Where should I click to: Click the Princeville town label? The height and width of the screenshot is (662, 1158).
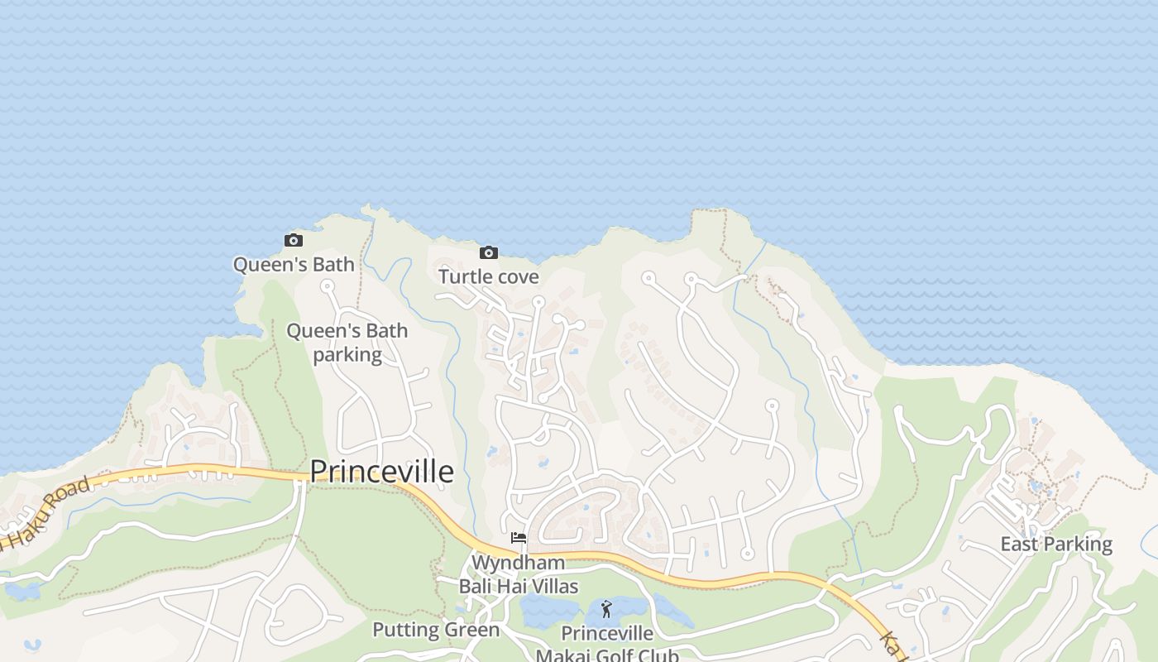(x=381, y=472)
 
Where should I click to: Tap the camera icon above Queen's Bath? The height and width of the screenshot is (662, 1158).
(x=294, y=241)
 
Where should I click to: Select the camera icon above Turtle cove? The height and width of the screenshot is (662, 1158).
(x=489, y=252)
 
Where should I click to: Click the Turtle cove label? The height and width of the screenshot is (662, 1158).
(x=488, y=276)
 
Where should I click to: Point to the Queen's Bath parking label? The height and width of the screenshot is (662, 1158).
(x=347, y=343)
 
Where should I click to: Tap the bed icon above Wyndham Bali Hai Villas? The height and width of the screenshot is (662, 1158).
(x=519, y=538)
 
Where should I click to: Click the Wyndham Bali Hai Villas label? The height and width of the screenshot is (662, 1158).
(x=519, y=574)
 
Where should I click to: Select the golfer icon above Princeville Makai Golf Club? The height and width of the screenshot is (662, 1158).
(x=606, y=610)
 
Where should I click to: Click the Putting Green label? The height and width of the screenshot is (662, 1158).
(x=436, y=630)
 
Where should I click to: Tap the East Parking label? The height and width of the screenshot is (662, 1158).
(x=1056, y=544)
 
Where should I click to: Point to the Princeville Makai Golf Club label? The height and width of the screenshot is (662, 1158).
(x=607, y=645)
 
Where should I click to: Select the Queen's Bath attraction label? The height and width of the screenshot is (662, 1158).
(x=294, y=265)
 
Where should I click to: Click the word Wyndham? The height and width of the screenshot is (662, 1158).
(x=519, y=563)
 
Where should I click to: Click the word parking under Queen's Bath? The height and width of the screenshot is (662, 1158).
(x=347, y=355)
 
